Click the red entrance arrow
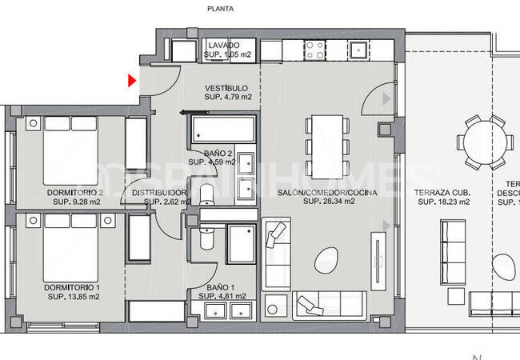(x=132, y=80)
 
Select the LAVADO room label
(x=219, y=46)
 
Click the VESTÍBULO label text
(x=226, y=88)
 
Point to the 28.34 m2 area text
(x=328, y=202)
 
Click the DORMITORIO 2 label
(x=75, y=193)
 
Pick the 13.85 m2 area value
(x=74, y=297)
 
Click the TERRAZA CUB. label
(x=442, y=193)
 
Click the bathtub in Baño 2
(x=222, y=129)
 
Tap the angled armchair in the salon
(x=276, y=234)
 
